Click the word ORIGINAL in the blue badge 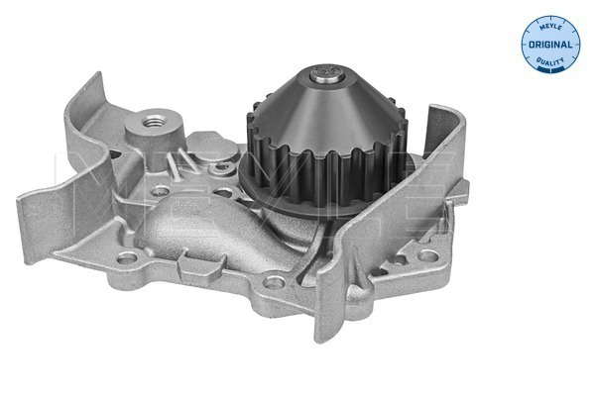550,45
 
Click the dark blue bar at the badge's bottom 550,70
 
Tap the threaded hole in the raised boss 155,122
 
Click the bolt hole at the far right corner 427,255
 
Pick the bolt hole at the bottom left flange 127,258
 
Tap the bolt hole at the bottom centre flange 274,281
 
